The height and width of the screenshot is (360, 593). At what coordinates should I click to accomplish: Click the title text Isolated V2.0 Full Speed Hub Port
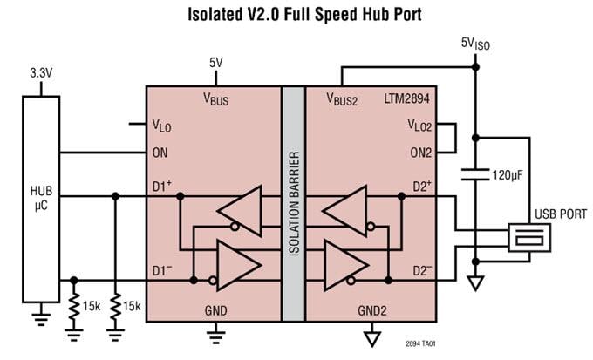pos(296,15)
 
